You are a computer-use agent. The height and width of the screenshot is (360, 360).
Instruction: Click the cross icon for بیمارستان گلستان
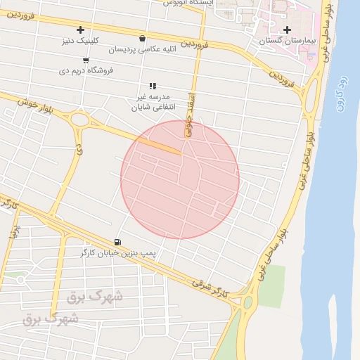pos(287,30)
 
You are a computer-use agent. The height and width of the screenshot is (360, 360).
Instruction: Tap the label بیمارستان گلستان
pos(286,41)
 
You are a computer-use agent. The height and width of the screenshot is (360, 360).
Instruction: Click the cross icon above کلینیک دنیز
pos(81,30)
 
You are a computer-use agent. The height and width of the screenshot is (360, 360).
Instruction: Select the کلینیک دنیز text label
pos(82,41)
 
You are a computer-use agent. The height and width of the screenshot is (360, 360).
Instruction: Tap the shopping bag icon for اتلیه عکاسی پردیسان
pos(143,39)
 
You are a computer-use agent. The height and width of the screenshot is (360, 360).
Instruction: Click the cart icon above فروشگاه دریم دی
pos(86,60)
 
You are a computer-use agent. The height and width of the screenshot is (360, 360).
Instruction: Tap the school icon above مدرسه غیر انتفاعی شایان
pos(153,86)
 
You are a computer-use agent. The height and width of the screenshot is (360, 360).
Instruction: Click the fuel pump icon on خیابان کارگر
pos(117,241)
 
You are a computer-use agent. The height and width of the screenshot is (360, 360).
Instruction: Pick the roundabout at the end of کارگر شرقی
pos(247,303)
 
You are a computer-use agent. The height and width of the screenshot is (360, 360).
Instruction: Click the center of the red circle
pos(180,179)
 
